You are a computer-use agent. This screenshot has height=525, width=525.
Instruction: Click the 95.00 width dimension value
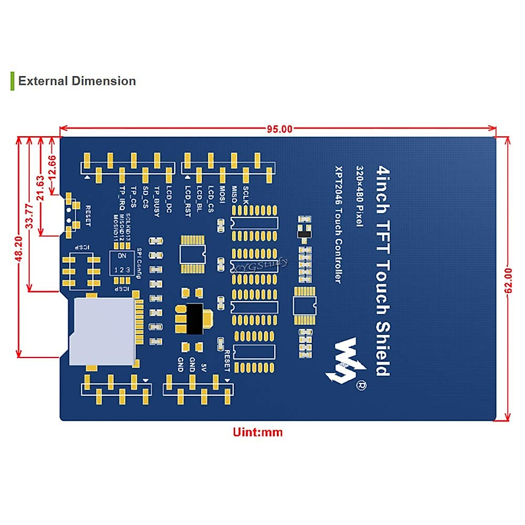tap(280, 129)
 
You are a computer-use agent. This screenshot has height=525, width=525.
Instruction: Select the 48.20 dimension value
tap(19, 248)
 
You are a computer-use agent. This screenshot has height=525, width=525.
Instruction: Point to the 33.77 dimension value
tap(29, 216)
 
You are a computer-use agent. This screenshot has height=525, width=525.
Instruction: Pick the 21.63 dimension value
tap(41, 188)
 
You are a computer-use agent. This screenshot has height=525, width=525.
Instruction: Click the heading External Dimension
tap(77, 81)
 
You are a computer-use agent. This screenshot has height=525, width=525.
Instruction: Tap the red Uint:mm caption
tap(258, 432)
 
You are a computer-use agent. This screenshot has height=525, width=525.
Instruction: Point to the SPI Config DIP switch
tap(122, 263)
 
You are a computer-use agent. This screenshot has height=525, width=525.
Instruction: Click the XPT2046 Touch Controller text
tap(338, 224)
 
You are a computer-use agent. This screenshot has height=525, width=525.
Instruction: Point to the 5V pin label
tap(203, 367)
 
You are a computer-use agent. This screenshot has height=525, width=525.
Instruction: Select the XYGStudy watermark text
tap(260, 265)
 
